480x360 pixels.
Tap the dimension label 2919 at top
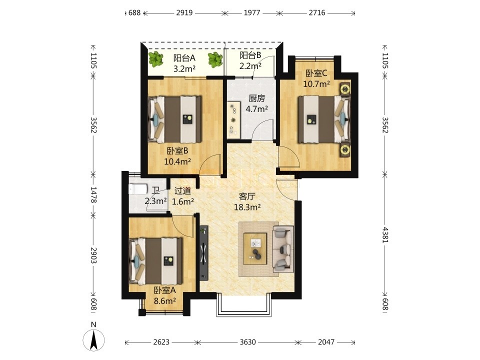point(184,13)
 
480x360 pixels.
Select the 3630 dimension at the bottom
point(247,342)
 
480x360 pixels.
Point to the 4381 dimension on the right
point(385,235)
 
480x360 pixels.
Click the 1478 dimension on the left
point(93,194)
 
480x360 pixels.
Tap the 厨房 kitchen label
point(256,98)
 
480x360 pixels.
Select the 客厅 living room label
point(247,196)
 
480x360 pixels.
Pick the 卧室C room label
point(316,73)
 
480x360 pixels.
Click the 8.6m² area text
point(164,301)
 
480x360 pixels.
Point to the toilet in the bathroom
point(138,189)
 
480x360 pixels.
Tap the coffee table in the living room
point(255,248)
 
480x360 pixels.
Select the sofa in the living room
point(283,249)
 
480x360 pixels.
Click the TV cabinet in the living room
point(203,253)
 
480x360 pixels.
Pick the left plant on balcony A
point(156,59)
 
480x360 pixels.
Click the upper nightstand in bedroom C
point(345,89)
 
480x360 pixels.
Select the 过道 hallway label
point(183,191)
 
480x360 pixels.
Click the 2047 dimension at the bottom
point(326,342)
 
